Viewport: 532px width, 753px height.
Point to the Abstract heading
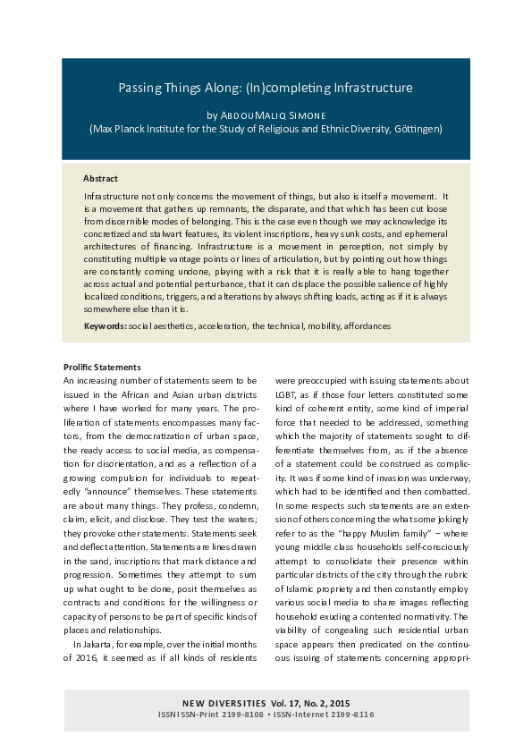(100, 179)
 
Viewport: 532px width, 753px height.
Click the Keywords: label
(105, 326)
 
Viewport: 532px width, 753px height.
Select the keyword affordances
(365, 326)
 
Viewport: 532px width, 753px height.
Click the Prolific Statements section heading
(103, 368)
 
